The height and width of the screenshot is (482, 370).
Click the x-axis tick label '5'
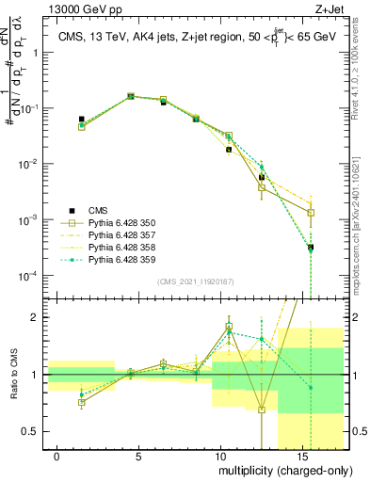click(138, 456)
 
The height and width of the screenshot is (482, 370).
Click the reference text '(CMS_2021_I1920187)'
click(195, 281)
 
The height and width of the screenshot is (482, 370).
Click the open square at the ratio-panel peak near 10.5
click(229, 327)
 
